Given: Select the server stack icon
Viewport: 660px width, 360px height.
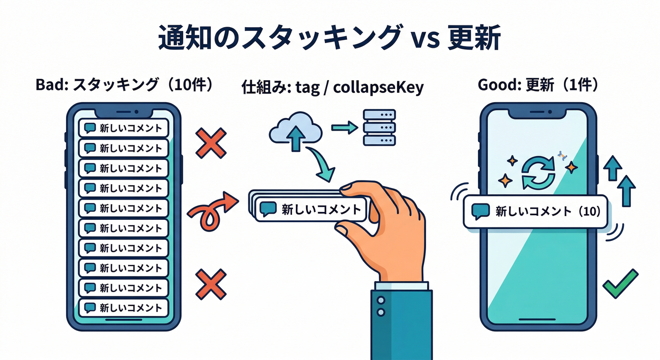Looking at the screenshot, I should [x=379, y=127].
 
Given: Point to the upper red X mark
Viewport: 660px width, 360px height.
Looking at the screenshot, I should [x=211, y=143].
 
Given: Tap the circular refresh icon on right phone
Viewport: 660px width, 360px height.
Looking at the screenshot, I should [x=538, y=173].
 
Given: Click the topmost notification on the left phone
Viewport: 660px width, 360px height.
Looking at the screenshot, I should [x=123, y=127].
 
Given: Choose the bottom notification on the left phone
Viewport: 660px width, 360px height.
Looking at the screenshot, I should [x=123, y=307].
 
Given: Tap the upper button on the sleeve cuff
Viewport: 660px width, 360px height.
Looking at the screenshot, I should [x=381, y=300].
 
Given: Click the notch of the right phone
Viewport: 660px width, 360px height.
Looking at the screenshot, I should [x=538, y=112].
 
